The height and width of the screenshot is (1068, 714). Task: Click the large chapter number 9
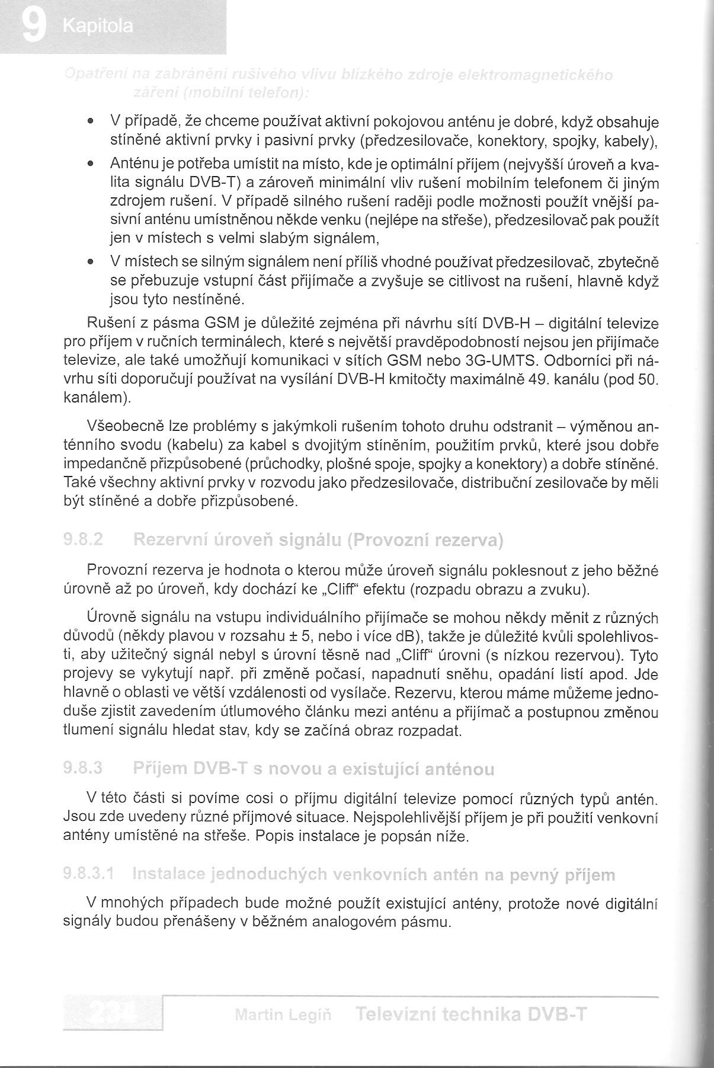[34, 27]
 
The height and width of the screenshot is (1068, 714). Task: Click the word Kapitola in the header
[98, 27]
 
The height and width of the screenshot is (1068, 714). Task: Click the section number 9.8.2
[83, 541]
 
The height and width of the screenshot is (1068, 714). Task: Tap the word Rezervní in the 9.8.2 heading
[172, 541]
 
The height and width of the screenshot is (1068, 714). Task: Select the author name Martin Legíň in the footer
[283, 1015]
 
